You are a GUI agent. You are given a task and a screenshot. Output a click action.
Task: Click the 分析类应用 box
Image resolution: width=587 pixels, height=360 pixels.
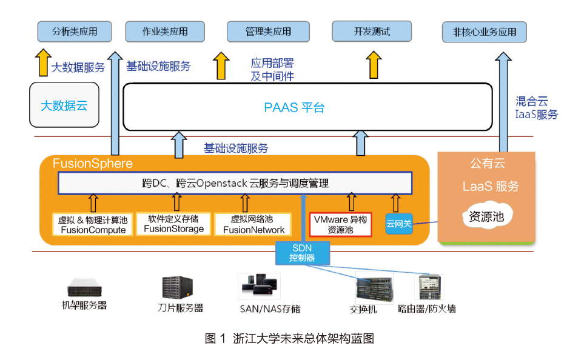click(75, 32)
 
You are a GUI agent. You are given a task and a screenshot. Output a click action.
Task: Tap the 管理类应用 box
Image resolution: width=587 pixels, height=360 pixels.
click(268, 32)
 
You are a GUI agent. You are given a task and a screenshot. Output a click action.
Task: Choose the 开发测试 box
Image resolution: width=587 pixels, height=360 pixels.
click(372, 31)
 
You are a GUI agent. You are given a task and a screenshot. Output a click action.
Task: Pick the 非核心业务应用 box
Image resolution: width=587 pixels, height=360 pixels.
click(484, 32)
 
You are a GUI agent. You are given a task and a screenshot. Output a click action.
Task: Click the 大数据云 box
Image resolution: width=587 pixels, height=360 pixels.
click(64, 105)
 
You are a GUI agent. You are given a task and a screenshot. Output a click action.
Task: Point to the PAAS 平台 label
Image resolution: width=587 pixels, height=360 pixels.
click(294, 108)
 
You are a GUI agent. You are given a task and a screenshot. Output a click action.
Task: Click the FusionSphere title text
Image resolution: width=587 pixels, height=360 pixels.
click(92, 164)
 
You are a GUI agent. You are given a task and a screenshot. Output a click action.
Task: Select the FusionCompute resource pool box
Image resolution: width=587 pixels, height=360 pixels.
click(93, 224)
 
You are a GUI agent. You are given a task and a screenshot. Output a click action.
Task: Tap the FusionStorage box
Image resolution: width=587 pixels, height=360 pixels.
click(173, 224)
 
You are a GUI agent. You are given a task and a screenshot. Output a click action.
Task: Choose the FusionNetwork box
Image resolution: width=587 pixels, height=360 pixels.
click(253, 224)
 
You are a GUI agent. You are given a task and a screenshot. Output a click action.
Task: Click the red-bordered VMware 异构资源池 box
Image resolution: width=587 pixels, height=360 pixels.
click(340, 224)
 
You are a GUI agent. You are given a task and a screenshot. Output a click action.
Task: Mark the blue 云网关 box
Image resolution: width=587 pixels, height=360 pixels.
click(398, 224)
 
